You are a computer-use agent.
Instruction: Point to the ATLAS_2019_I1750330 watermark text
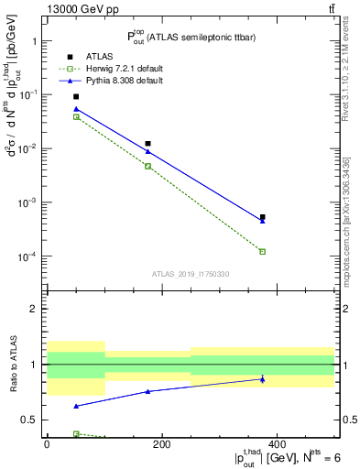(191, 274)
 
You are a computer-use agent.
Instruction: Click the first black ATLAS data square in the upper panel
(76, 96)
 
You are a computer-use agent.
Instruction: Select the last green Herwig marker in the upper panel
(262, 251)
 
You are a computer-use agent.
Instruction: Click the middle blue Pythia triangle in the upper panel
(147, 151)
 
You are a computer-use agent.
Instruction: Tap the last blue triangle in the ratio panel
(262, 379)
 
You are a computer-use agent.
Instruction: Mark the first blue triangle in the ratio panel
(76, 406)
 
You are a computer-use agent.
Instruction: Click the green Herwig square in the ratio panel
(76, 434)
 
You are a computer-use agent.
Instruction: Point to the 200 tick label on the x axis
(161, 444)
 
